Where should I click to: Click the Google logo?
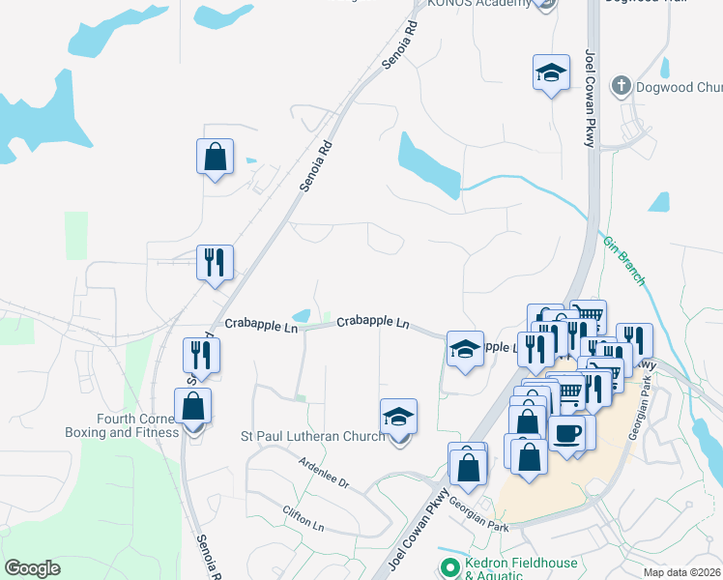pyautogui.click(x=33, y=568)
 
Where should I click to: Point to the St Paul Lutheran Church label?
pyautogui.click(x=313, y=436)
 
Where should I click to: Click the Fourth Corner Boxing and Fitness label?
pyautogui.click(x=137, y=425)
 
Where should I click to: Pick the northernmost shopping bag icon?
pyautogui.click(x=215, y=157)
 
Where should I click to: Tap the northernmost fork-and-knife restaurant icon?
pyautogui.click(x=214, y=262)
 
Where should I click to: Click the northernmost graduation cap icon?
pyautogui.click(x=551, y=72)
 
